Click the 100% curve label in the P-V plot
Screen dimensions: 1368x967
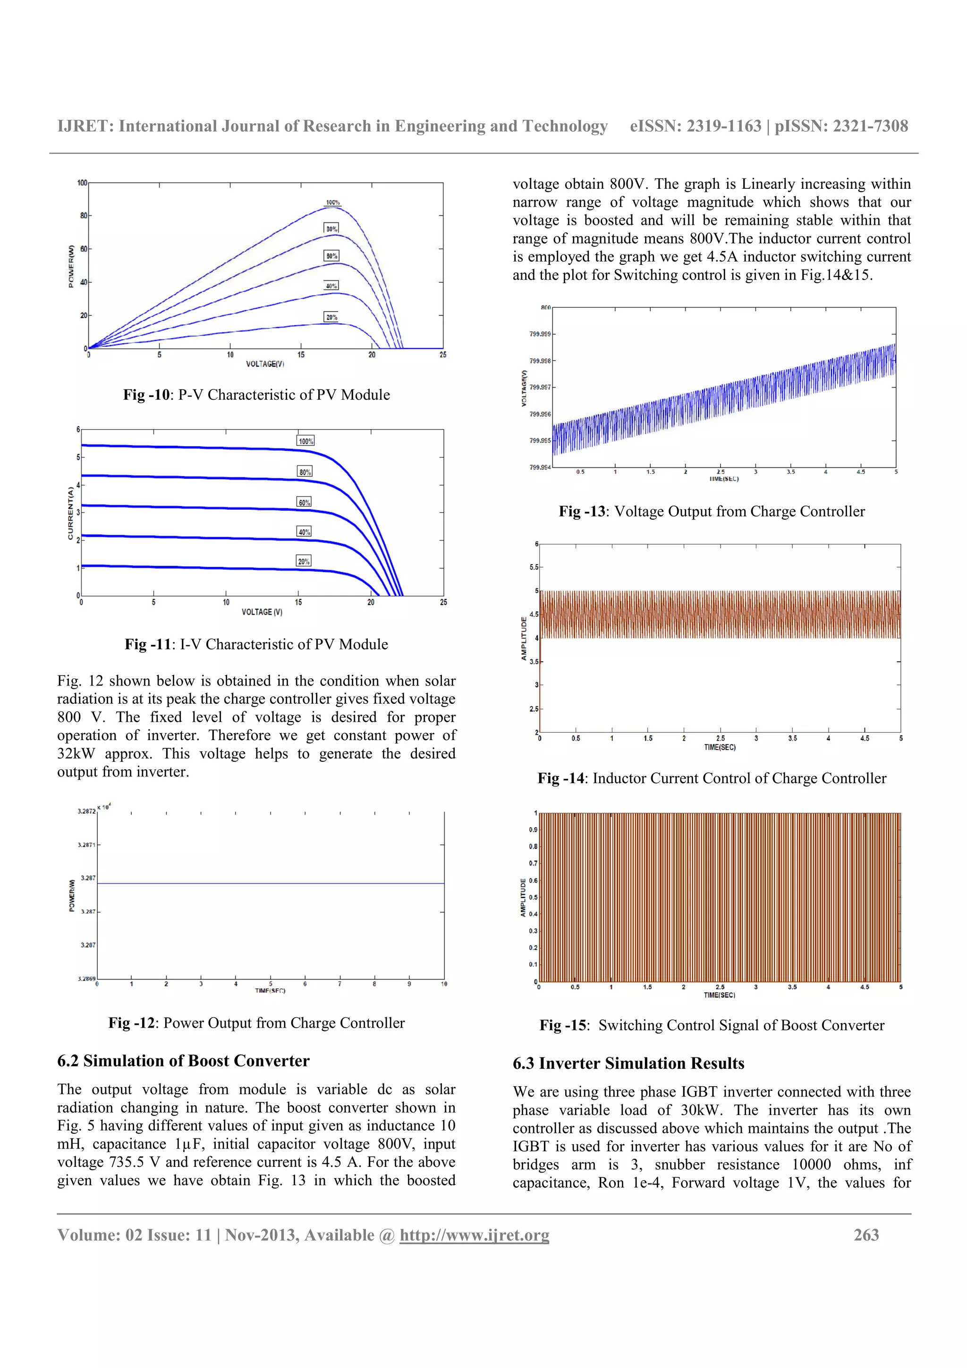(332, 203)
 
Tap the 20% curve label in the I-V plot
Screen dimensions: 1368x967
(304, 561)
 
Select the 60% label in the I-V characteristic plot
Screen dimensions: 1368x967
(304, 502)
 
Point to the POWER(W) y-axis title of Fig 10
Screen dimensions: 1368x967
(71, 266)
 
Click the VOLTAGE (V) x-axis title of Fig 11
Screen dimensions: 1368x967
(262, 612)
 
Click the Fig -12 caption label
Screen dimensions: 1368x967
(132, 1023)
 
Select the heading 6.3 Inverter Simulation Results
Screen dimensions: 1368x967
(628, 1063)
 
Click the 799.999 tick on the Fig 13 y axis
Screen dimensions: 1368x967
(540, 334)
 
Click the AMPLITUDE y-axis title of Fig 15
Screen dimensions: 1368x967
(523, 897)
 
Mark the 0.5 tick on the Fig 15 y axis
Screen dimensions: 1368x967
(533, 897)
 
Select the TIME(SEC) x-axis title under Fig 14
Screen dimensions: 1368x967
(719, 747)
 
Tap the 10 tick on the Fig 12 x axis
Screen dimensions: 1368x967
(444, 984)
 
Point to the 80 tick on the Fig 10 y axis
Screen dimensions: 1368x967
(84, 216)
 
